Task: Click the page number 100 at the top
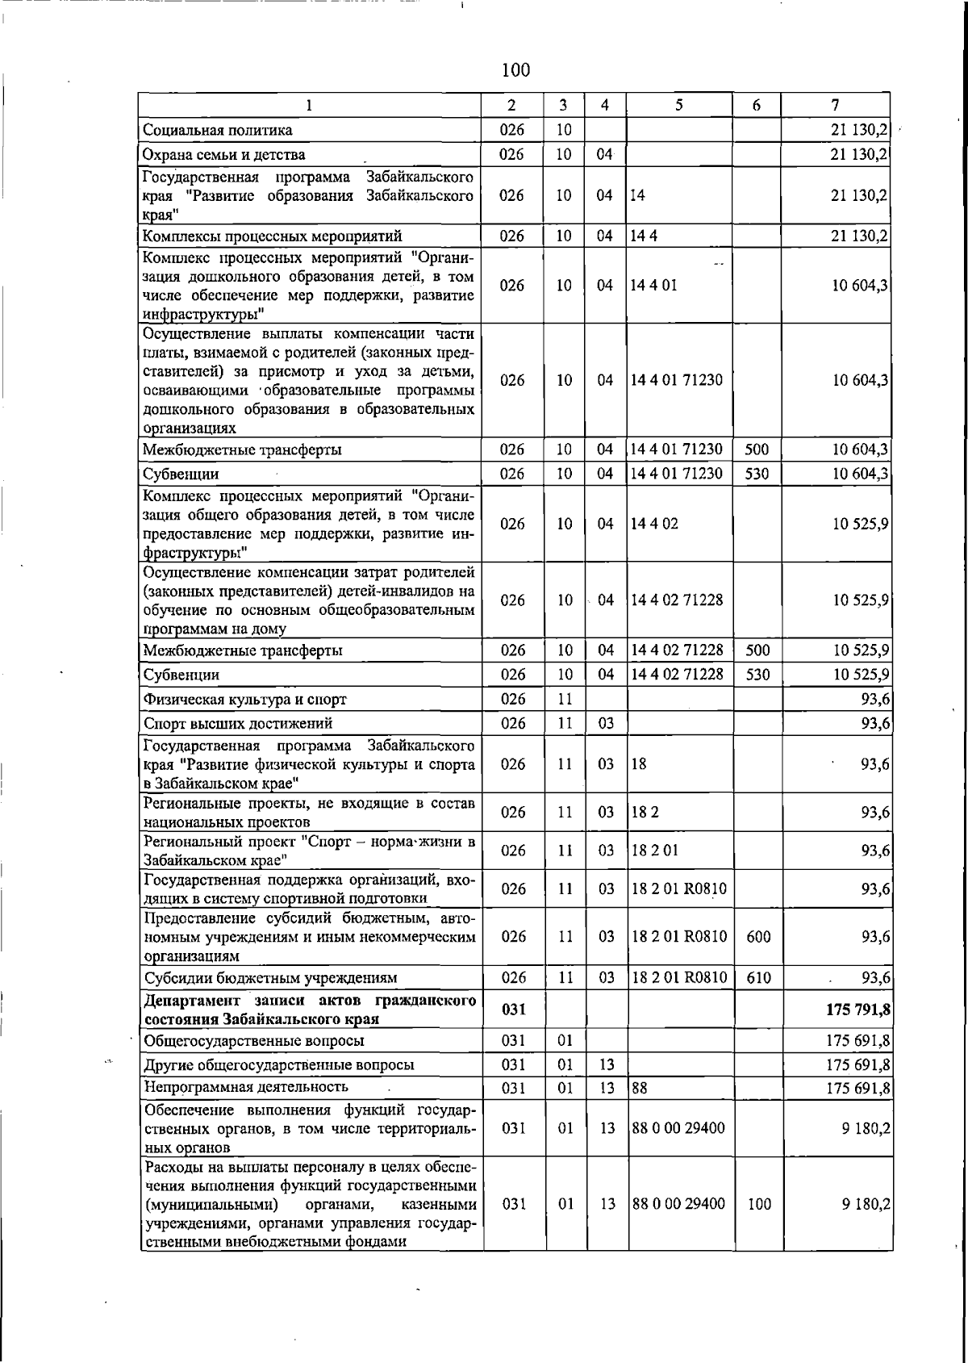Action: pyautogui.click(x=515, y=70)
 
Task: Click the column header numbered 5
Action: pyautogui.click(x=679, y=105)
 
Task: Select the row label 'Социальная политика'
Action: pyautogui.click(x=217, y=130)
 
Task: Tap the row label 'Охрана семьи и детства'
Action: pyautogui.click(x=223, y=154)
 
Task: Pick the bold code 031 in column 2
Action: pyautogui.click(x=514, y=1010)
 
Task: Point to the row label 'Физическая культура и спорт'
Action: pyautogui.click(x=244, y=699)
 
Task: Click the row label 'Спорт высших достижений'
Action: pyautogui.click(x=237, y=723)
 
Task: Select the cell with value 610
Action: pyautogui.click(x=757, y=978)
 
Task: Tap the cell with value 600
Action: pyautogui.click(x=757, y=937)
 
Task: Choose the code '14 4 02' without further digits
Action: pyautogui.click(x=654, y=524)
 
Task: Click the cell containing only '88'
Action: pyautogui.click(x=640, y=1088)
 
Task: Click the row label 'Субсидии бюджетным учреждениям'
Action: pyautogui.click(x=270, y=978)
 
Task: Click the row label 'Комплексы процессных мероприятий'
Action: pyautogui.click(x=272, y=236)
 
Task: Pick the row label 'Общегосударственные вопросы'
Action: pyautogui.click(x=253, y=1040)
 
